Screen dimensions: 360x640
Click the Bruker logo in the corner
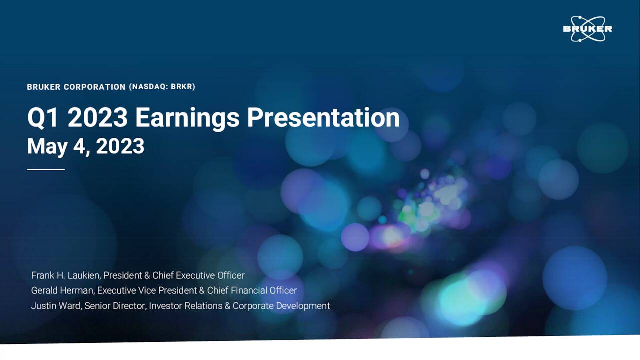coord(587,29)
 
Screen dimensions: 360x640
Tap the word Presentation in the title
coord(323,118)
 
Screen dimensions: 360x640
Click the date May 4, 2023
coord(85,146)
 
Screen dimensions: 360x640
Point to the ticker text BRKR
coord(182,87)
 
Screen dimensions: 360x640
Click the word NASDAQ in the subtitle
coord(148,87)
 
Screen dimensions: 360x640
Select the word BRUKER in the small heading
coord(44,87)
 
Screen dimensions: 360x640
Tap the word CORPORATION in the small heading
coord(94,87)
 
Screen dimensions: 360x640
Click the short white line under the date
coord(46,169)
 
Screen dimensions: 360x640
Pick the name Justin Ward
coord(55,306)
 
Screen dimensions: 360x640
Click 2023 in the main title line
coord(97,118)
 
